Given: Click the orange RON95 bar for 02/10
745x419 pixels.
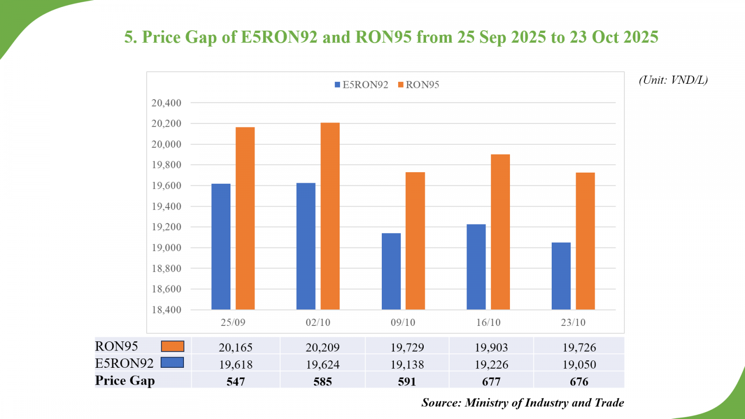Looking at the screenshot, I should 330,216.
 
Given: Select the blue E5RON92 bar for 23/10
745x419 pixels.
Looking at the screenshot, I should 561,276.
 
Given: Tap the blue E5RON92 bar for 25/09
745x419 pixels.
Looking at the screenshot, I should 221,247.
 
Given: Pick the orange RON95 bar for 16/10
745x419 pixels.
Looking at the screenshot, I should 501,232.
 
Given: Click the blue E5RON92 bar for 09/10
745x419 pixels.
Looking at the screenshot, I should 391,271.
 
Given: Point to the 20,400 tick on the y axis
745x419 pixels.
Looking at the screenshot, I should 166,103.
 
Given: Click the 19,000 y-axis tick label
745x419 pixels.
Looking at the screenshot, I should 166,248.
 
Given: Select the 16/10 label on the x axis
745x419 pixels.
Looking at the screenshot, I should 488,322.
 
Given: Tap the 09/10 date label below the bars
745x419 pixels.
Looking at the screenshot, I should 403,322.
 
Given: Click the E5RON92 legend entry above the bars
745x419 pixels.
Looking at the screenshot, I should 361,85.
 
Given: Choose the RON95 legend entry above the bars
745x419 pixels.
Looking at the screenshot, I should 419,85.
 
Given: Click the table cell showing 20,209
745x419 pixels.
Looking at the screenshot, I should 322,347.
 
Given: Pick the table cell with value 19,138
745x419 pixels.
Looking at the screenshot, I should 407,365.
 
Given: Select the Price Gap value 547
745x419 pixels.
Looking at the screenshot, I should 236,382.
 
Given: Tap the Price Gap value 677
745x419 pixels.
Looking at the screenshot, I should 491,382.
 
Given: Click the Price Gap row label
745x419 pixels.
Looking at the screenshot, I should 125,380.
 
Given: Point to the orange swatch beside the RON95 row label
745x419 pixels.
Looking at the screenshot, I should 172,346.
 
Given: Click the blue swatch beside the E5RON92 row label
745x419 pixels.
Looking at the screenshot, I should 172,363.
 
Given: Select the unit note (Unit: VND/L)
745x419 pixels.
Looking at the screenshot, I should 673,80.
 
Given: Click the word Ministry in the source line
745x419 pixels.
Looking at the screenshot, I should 486,403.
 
